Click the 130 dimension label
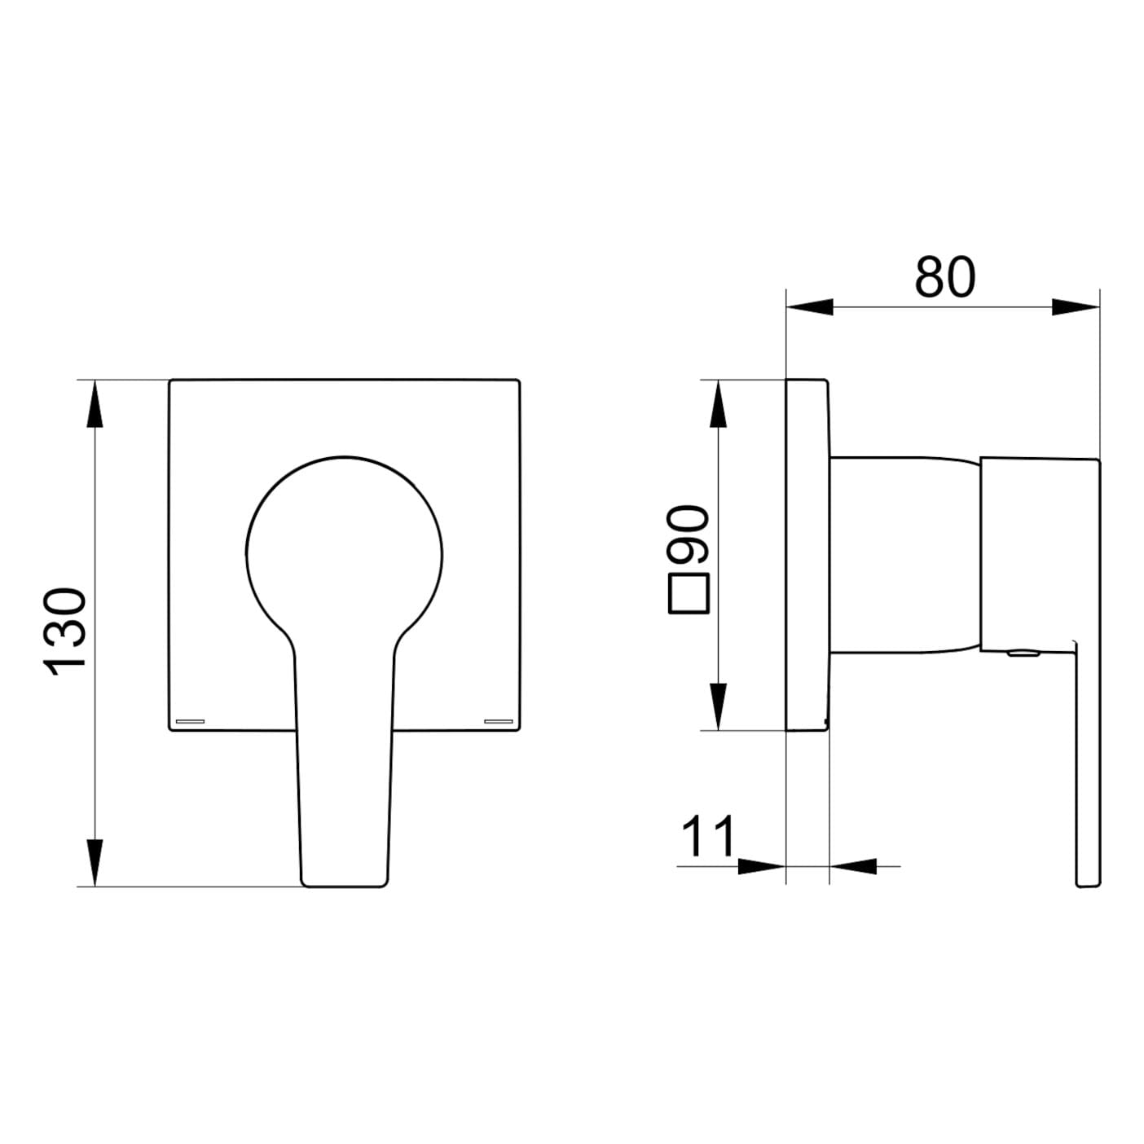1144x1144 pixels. point(65,631)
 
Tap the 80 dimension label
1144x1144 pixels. point(945,277)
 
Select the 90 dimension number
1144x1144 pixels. point(688,535)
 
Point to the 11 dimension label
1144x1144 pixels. point(707,836)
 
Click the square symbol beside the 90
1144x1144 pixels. point(689,594)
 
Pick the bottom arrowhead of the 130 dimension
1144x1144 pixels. point(95,863)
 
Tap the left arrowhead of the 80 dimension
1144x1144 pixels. point(809,307)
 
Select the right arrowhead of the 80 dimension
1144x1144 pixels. point(1076,307)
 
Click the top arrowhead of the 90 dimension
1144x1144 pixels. point(719,403)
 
